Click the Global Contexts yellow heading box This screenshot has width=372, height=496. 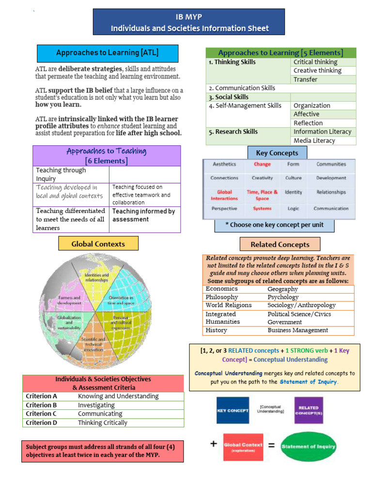(98, 244)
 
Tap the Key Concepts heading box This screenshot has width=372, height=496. (277, 153)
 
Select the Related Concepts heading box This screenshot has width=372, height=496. (280, 245)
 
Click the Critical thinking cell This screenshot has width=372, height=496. (315, 62)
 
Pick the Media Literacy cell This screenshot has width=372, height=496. (314, 140)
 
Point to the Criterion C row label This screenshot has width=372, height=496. (42, 414)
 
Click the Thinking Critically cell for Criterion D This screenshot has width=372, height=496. (103, 422)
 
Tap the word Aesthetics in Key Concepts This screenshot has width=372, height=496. (224, 164)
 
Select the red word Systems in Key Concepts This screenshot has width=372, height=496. (262, 209)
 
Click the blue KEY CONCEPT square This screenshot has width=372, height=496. (233, 410)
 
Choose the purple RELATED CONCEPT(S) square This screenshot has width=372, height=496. (309, 410)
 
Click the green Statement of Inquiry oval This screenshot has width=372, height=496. (309, 447)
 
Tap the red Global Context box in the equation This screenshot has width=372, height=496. (243, 447)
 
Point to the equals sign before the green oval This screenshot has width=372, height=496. (272, 446)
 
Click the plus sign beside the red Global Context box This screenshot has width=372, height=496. (213, 444)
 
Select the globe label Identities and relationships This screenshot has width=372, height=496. (97, 278)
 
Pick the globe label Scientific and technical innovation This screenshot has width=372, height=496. (93, 344)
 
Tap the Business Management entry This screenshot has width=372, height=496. (298, 330)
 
